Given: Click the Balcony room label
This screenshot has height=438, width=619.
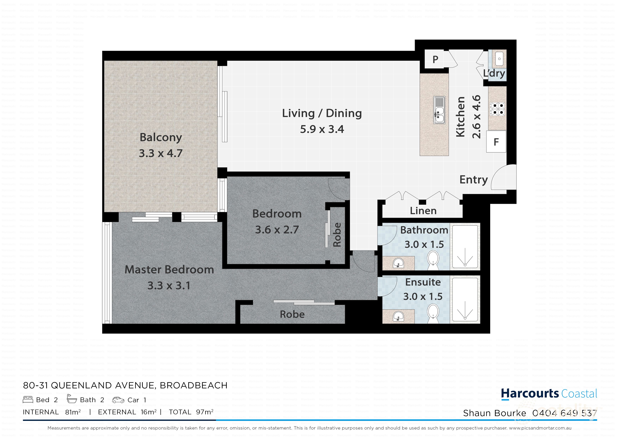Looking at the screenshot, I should [161, 137].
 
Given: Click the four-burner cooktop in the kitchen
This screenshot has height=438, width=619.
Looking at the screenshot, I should [497, 108].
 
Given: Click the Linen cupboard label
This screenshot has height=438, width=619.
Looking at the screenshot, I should [423, 211].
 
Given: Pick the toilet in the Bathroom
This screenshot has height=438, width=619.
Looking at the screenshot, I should [433, 259].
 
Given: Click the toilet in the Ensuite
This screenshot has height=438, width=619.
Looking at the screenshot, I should [433, 312].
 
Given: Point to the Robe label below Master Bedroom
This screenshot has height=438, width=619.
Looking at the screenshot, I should [292, 314].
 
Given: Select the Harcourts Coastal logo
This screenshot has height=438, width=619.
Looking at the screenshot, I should [549, 394].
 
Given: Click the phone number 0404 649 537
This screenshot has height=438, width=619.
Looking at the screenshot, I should [564, 413].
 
